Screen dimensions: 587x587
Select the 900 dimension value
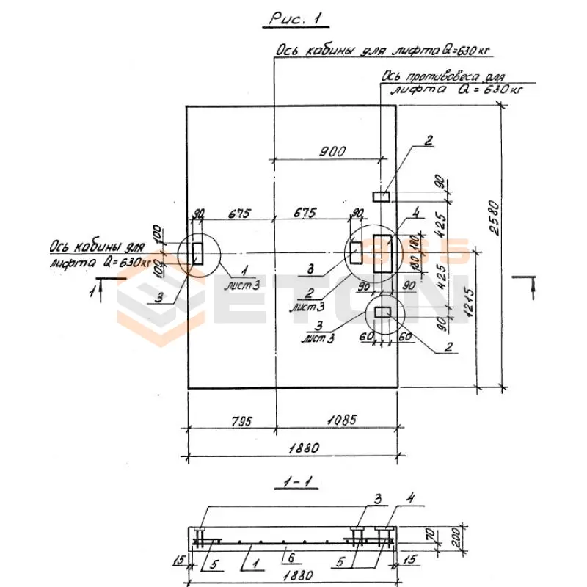(x=332, y=152)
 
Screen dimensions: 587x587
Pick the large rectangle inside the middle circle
(x=382, y=253)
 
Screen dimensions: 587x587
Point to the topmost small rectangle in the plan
(x=382, y=196)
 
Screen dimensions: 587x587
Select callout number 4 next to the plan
(x=415, y=214)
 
